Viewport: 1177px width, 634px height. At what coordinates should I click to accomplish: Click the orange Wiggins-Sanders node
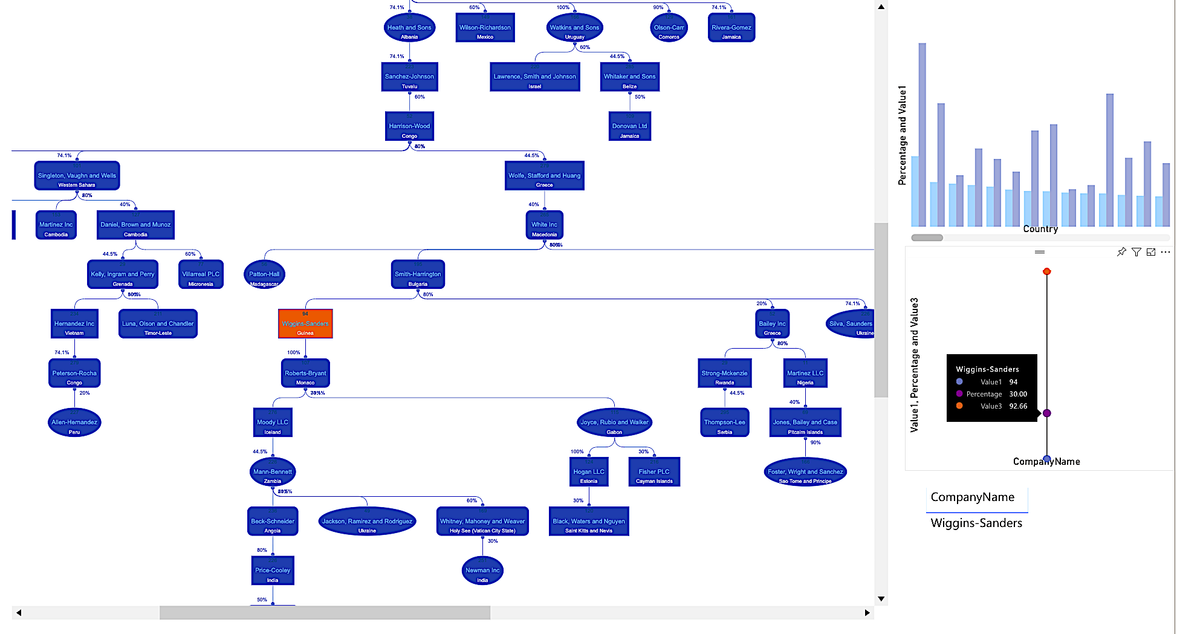(x=305, y=324)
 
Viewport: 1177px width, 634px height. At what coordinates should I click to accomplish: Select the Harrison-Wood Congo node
(x=409, y=126)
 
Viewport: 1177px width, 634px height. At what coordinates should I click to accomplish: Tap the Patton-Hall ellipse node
(x=264, y=274)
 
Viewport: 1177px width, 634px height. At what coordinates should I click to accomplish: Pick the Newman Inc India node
(x=482, y=571)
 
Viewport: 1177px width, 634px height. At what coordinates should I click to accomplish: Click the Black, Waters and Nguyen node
(x=589, y=521)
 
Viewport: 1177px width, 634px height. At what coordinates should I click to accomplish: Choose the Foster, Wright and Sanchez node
(x=805, y=472)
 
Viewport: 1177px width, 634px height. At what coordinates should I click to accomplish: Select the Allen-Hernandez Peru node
(x=74, y=422)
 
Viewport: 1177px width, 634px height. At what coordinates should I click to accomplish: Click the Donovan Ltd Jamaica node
(x=629, y=126)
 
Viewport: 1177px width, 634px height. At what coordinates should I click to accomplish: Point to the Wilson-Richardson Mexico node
(x=485, y=28)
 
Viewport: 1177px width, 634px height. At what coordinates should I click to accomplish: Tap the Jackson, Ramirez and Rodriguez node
(x=367, y=522)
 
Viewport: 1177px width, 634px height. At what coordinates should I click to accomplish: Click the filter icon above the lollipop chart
(x=1136, y=252)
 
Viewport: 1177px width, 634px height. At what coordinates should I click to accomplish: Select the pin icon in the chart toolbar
(x=1121, y=252)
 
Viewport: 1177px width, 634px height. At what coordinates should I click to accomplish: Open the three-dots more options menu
(x=1166, y=252)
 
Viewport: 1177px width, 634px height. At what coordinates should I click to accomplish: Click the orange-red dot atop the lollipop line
(x=1047, y=271)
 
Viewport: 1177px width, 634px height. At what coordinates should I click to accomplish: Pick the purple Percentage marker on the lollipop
(x=1047, y=413)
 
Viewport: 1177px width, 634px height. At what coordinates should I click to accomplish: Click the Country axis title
(x=1040, y=229)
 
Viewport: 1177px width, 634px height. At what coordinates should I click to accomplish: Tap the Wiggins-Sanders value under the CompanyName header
(x=976, y=523)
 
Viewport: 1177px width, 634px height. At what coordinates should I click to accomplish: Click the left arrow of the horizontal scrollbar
(x=19, y=613)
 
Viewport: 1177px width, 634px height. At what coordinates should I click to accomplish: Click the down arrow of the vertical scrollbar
(x=881, y=599)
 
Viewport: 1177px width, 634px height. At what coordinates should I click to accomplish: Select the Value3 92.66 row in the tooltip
(x=991, y=406)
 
